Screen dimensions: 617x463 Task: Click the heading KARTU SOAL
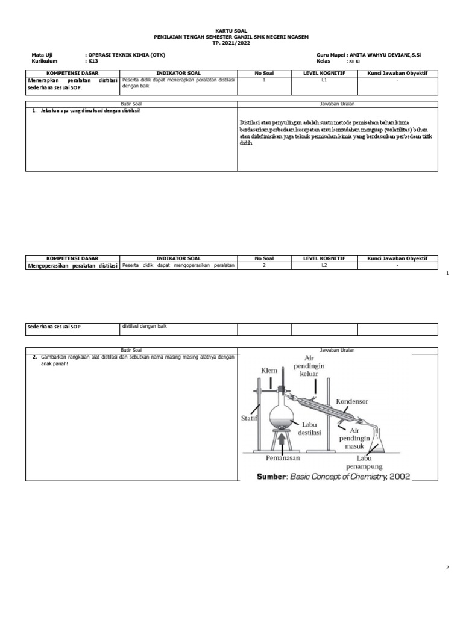(x=231, y=30)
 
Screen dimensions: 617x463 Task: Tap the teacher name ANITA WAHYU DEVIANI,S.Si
(x=384, y=55)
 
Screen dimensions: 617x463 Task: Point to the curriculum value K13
(x=92, y=61)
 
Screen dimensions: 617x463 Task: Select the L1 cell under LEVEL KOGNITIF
(x=324, y=80)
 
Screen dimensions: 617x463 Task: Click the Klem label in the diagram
(x=269, y=369)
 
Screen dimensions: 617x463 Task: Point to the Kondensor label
(x=352, y=401)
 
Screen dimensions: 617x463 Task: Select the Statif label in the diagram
(x=250, y=417)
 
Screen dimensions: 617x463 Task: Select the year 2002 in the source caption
(x=400, y=476)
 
